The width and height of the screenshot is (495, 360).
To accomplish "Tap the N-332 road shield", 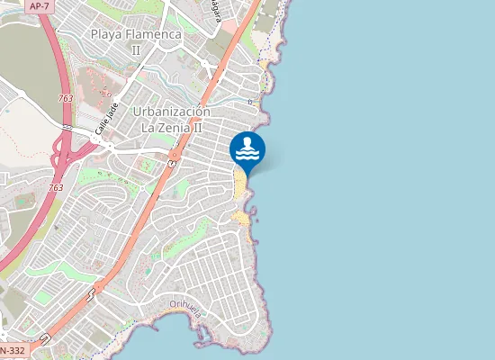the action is click(11, 350).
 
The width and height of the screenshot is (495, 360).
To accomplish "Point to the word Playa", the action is click(110, 34).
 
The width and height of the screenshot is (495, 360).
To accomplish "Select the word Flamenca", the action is click(156, 34).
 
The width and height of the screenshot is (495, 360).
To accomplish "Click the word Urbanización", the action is click(171, 112).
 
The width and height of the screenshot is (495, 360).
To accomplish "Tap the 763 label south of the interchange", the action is click(56, 187).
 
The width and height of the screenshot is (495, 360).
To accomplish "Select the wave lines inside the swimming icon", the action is click(247, 156).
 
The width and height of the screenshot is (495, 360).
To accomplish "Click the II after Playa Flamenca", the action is click(136, 49).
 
